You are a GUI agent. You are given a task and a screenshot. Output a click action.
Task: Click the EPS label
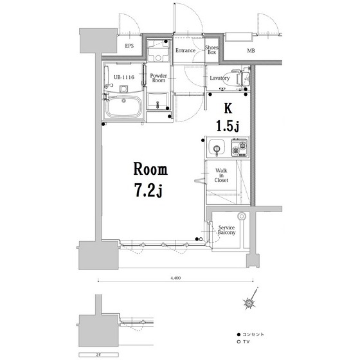tap(129, 46)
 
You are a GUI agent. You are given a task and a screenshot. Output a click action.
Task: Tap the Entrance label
tap(185, 50)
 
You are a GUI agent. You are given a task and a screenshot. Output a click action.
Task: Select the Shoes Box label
tap(212, 50)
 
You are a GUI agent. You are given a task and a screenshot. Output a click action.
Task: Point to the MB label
tap(251, 51)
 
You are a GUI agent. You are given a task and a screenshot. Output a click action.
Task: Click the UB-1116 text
tap(124, 77)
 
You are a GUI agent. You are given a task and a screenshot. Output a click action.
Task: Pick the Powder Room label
tap(158, 78)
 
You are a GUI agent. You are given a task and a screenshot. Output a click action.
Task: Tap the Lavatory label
tap(219, 78)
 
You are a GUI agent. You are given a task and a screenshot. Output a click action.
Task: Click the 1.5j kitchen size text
tap(228, 126)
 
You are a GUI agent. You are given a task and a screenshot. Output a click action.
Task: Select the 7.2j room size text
tap(149, 190)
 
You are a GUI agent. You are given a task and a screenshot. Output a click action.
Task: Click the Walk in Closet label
tap(221, 175)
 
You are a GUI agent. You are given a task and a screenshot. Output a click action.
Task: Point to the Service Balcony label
tap(226, 230)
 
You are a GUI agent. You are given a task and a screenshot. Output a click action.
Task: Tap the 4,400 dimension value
tap(175, 278)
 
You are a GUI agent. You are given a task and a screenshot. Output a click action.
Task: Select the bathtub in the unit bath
tap(124, 107)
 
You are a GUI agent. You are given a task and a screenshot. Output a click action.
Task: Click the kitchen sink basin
tap(217, 148)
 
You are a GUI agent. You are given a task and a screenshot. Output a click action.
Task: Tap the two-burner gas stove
tap(239, 148)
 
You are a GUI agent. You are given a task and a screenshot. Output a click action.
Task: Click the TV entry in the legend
tap(243, 342)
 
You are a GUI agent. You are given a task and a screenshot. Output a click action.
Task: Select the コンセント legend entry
tap(251, 334)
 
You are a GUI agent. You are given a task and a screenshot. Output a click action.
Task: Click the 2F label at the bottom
tap(99, 355)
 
